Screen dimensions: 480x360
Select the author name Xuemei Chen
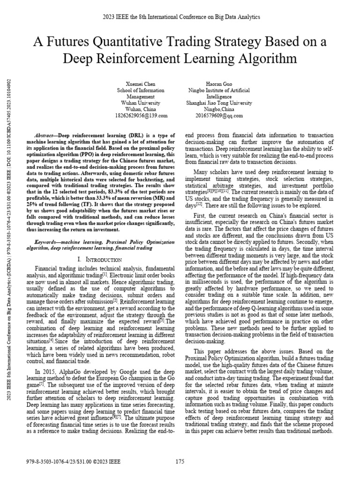(x=140, y=83)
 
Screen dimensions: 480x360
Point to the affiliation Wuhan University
(x=140, y=103)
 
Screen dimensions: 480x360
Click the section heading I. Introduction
(x=99, y=259)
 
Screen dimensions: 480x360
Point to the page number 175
(x=180, y=462)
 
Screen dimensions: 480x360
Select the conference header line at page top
(x=180, y=17)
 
